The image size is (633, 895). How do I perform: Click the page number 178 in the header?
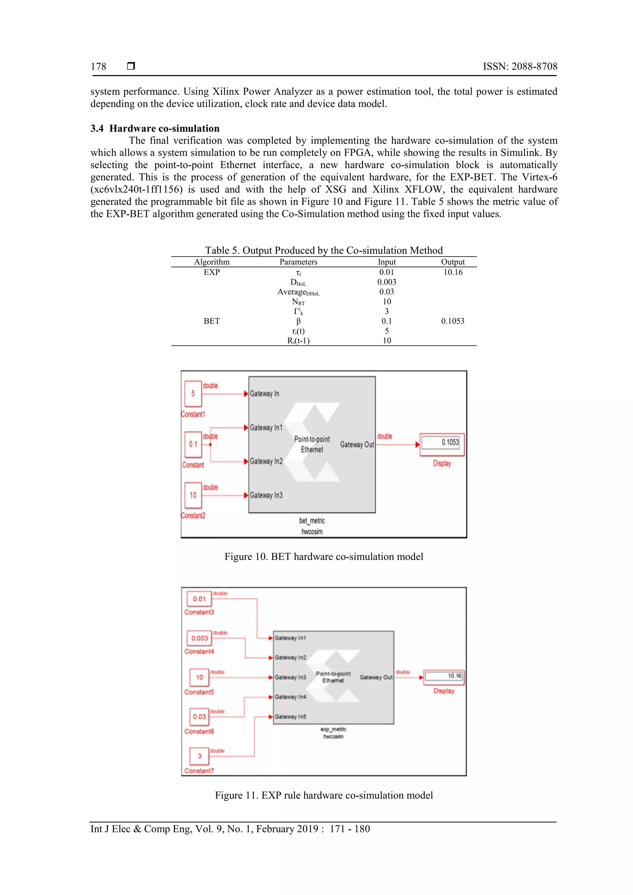click(98, 67)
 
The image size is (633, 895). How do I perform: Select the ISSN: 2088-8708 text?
click(520, 67)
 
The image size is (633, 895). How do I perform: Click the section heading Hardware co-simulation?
click(164, 128)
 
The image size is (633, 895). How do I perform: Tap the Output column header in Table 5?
click(452, 262)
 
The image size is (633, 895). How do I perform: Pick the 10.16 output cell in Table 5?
click(452, 272)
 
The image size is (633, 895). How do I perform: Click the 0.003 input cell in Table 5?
click(386, 282)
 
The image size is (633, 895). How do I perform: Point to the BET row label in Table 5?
click(212, 321)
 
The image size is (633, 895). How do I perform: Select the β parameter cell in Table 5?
click(298, 321)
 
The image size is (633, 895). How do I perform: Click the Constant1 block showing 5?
click(193, 394)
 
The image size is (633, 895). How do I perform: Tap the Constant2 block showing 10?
click(193, 495)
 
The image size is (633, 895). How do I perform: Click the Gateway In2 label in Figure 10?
click(266, 461)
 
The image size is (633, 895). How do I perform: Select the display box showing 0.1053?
click(442, 443)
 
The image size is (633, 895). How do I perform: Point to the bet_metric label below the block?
click(312, 520)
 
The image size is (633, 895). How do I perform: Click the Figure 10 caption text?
click(324, 557)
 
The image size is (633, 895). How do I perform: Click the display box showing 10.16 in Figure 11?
click(444, 676)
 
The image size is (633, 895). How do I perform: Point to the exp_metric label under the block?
click(333, 729)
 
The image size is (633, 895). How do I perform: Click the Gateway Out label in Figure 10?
click(357, 444)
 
